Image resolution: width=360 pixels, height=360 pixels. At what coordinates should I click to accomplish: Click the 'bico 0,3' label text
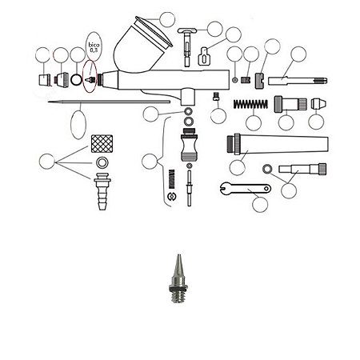point(94,47)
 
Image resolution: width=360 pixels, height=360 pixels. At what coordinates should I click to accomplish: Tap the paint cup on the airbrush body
point(142,45)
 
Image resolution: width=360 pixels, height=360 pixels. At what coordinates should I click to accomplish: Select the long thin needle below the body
point(109,102)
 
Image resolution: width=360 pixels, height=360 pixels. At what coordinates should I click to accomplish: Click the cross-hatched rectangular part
point(102,143)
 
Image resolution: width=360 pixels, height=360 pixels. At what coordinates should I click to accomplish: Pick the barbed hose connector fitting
point(102,191)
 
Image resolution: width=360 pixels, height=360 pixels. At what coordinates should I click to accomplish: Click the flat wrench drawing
point(246,189)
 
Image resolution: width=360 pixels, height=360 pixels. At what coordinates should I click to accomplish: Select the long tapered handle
point(278,145)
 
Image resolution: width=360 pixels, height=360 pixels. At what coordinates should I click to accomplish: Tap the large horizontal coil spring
point(250,104)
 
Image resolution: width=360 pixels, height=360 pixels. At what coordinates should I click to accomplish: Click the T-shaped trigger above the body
point(187,46)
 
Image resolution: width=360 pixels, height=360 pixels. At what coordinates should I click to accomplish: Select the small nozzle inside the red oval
point(90,79)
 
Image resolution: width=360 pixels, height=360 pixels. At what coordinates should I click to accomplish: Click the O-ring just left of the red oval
point(78,79)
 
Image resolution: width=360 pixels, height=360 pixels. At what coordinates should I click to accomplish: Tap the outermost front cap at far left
point(45,80)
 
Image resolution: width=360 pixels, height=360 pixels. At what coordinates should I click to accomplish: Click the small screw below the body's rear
point(216,96)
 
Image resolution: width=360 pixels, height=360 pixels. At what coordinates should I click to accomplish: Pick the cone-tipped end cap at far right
point(318,104)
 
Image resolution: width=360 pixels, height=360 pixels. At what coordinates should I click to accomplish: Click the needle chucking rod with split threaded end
point(298,81)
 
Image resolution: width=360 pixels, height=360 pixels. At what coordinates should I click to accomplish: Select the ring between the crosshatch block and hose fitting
point(102,162)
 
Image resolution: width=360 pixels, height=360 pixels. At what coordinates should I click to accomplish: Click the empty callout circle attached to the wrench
point(260,205)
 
